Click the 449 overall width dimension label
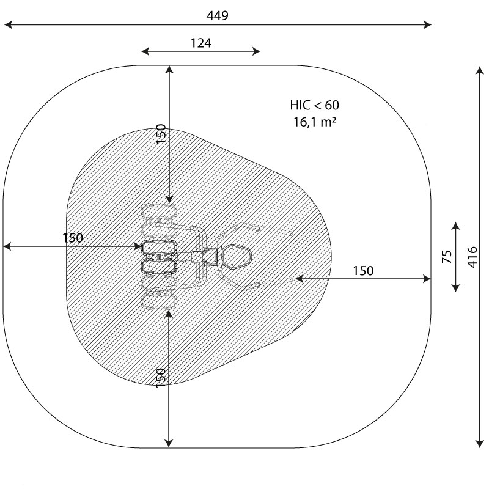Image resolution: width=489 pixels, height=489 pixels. pyautogui.click(x=218, y=15)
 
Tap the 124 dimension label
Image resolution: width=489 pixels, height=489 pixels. pyautogui.click(x=201, y=43)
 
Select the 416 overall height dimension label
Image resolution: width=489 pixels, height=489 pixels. pyautogui.click(x=472, y=257)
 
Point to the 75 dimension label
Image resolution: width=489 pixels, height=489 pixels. pyautogui.click(x=447, y=257)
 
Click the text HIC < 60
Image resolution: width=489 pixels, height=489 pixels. pyautogui.click(x=314, y=105)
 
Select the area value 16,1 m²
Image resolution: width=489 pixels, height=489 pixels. pyautogui.click(x=314, y=122)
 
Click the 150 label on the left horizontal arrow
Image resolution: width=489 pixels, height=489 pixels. pyautogui.click(x=73, y=238)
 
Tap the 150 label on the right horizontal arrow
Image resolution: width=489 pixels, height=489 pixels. pyautogui.click(x=363, y=271)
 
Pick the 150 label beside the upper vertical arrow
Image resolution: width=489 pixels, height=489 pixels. pyautogui.click(x=161, y=134)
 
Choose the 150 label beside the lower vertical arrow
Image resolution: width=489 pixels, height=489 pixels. pyautogui.click(x=161, y=378)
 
